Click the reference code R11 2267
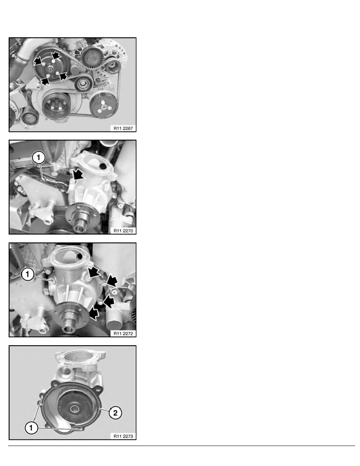pyautogui.click(x=123, y=128)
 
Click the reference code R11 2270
pyautogui.click(x=123, y=231)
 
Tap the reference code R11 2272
pyautogui.click(x=123, y=333)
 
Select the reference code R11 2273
pyautogui.click(x=123, y=436)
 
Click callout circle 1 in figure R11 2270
pyautogui.click(x=38, y=158)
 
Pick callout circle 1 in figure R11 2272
pyautogui.click(x=27, y=274)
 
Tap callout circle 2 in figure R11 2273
pyautogui.click(x=115, y=413)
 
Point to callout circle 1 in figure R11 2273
pyautogui.click(x=31, y=428)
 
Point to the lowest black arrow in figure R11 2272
pyautogui.click(x=94, y=313)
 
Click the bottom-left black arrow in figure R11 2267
pyautogui.click(x=45, y=80)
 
